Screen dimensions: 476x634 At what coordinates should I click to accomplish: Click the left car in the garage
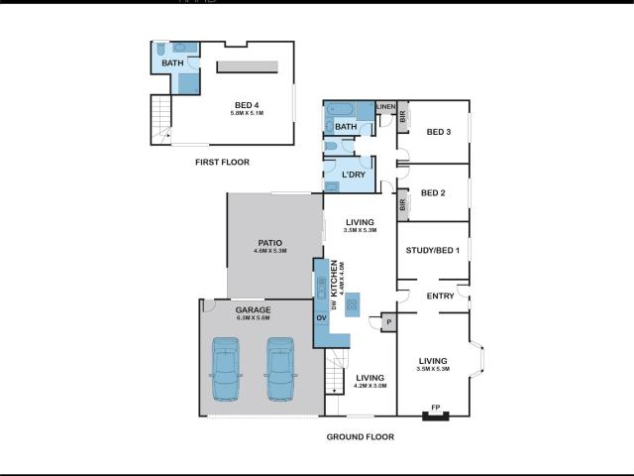(226, 369)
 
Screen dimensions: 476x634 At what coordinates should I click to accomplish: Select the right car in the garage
(280, 369)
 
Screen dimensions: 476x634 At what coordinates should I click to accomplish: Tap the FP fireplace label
(434, 408)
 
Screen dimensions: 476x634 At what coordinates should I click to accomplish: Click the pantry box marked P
(387, 321)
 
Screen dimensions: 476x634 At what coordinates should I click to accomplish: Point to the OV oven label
(321, 317)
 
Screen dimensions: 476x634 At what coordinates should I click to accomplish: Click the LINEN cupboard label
(385, 107)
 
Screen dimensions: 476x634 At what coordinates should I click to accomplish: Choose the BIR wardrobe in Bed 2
(403, 205)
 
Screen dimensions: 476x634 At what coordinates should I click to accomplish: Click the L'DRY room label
(354, 176)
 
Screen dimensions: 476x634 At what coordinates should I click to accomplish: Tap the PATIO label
(269, 242)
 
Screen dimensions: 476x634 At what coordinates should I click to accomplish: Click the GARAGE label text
(253, 309)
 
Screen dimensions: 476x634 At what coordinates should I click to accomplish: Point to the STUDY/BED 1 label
(432, 250)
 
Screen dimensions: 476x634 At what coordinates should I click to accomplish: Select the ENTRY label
(440, 297)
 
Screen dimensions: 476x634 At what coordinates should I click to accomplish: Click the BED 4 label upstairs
(247, 105)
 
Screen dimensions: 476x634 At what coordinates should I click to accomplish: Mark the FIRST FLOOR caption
(222, 162)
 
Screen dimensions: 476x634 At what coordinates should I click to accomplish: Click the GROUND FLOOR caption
(361, 436)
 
